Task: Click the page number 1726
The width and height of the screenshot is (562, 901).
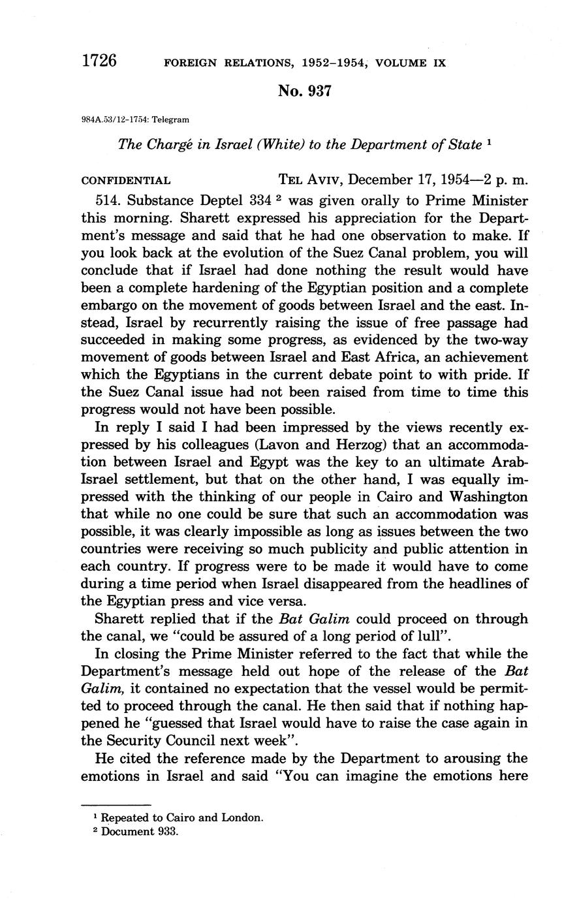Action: (x=99, y=61)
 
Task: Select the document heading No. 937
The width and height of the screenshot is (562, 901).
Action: (x=304, y=91)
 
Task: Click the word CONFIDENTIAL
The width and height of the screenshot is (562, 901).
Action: (x=126, y=180)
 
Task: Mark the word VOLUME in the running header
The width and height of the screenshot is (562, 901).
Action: (x=399, y=63)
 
